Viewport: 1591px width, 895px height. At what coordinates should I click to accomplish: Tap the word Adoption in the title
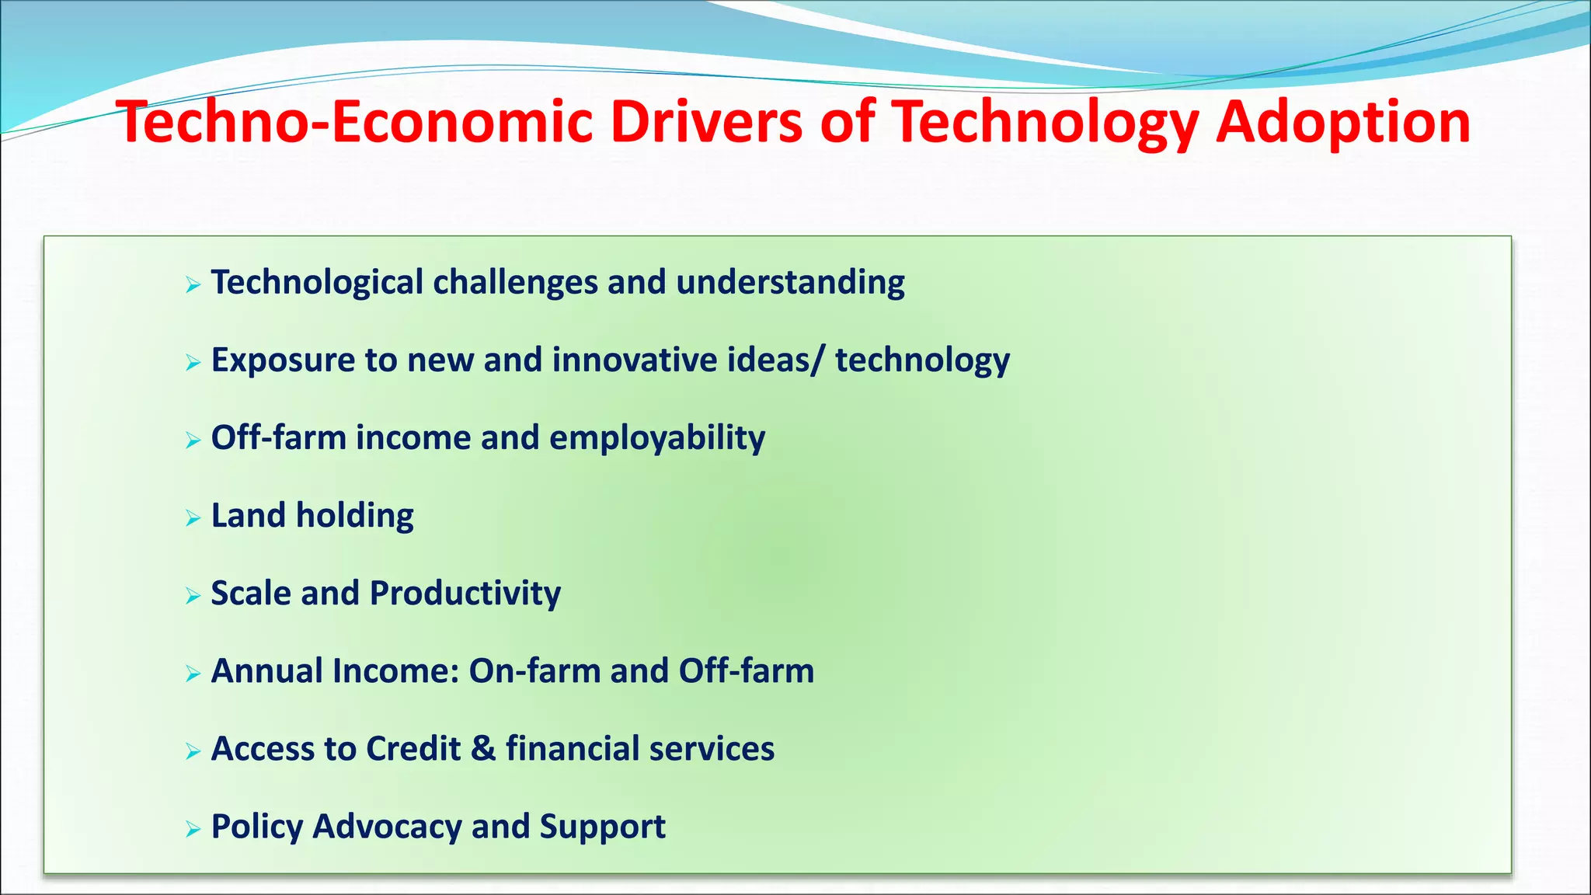[1342, 122]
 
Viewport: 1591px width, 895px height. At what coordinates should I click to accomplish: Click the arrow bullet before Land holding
[193, 518]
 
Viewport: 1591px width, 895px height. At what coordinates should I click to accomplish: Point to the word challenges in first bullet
[514, 282]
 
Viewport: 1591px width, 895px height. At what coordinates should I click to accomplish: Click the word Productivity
[465, 594]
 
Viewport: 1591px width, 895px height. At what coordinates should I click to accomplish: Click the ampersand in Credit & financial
[482, 749]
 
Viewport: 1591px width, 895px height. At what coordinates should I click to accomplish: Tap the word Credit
[413, 749]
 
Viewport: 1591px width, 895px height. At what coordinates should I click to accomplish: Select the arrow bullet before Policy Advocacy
[193, 830]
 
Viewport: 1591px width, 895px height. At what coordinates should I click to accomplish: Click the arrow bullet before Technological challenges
[193, 285]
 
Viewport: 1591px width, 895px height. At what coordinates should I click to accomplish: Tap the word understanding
[790, 282]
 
